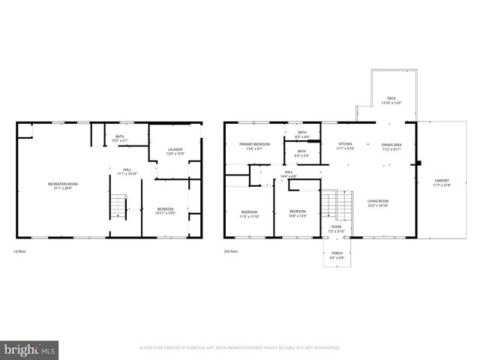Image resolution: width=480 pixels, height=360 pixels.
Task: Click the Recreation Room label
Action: pos(63,186)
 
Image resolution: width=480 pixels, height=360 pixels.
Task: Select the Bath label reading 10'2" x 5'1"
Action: pos(119,139)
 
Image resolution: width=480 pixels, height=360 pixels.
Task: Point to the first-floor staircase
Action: pos(118,205)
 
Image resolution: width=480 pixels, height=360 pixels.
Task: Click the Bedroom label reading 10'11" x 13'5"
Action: pos(165,211)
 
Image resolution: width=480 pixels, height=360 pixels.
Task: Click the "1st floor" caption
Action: pos(21,251)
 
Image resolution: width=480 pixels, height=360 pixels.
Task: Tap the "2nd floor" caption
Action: pos(232,251)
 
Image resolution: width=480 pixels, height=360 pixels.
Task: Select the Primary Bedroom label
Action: pos(254,146)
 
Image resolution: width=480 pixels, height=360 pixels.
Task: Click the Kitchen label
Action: pos(345,146)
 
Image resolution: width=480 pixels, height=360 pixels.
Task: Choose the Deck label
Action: pos(391,100)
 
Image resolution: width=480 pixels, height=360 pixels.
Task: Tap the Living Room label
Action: pos(377,202)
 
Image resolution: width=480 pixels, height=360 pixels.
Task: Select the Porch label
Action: pos(337,255)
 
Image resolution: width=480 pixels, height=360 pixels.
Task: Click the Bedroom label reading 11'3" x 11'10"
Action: pos(250,214)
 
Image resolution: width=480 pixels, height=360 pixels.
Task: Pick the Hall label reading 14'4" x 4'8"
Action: pos(289,174)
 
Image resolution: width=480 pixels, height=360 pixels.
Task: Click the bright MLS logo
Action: pos(30,349)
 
